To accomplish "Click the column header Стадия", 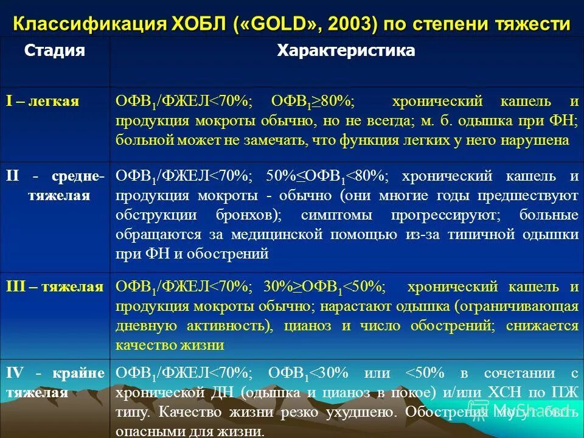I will tap(54, 50).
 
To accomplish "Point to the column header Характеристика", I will tap(346, 50).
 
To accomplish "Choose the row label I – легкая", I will tap(43, 100).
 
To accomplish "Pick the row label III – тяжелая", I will tap(55, 287).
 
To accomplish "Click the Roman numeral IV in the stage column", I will tap(15, 372).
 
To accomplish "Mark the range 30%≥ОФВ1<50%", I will tap(323, 287).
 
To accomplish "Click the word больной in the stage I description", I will tap(142, 140).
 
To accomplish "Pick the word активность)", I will tap(235, 325).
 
